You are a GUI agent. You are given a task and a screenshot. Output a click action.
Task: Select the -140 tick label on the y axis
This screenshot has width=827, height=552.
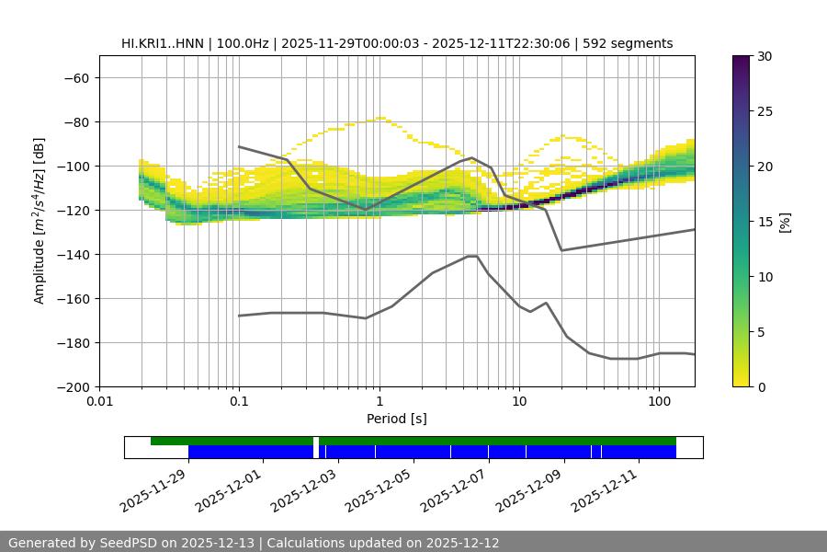(72, 254)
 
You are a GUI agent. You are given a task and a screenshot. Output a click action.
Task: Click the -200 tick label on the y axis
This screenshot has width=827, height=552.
(72, 386)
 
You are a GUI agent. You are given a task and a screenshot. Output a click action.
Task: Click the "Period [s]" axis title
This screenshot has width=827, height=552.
(397, 419)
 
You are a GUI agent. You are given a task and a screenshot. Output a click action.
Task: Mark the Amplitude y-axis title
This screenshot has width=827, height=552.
(40, 221)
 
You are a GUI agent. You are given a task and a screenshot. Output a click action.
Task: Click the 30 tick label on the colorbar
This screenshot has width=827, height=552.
(765, 56)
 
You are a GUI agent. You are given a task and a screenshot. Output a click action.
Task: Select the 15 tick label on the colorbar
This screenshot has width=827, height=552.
(765, 222)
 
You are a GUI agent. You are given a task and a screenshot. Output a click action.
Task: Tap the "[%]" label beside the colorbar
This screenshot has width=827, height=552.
(785, 222)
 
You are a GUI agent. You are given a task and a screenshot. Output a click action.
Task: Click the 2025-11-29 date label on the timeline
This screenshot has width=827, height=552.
(153, 489)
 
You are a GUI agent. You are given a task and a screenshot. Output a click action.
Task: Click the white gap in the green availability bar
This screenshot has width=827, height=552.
(316, 442)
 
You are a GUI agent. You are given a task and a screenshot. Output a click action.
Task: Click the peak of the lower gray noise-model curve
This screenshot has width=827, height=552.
(472, 256)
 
